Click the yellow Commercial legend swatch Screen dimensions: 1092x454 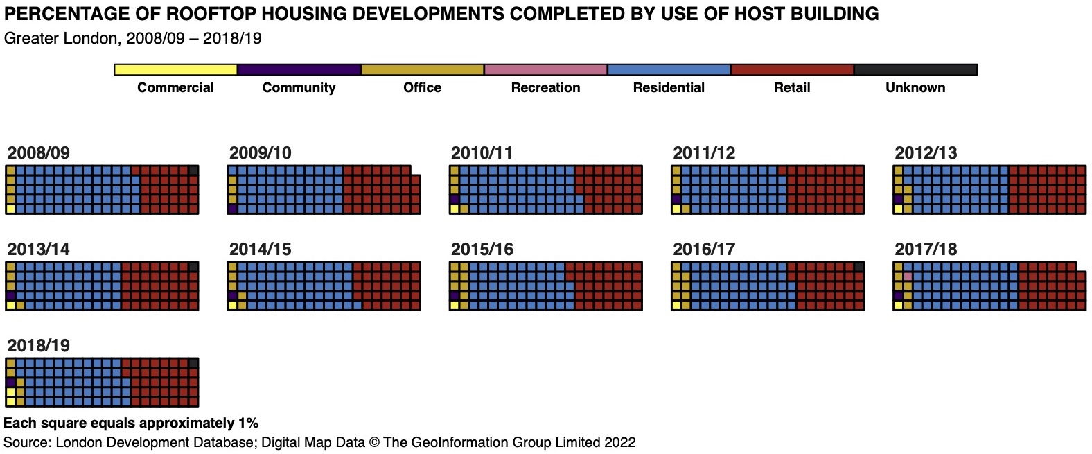pyautogui.click(x=175, y=70)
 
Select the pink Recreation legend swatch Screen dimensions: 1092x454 pyautogui.click(x=545, y=70)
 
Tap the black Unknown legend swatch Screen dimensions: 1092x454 pyautogui.click(x=915, y=70)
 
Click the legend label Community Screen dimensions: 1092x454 pyautogui.click(x=299, y=88)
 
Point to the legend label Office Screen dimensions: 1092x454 pyautogui.click(x=422, y=88)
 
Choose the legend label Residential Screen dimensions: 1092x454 pyautogui.click(x=669, y=88)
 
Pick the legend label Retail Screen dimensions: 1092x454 pyautogui.click(x=792, y=88)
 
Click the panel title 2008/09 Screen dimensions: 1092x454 pyautogui.click(x=39, y=152)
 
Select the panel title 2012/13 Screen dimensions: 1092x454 pyautogui.click(x=926, y=152)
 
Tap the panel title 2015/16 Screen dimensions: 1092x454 pyautogui.click(x=482, y=250)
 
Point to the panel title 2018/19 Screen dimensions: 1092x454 pyautogui.click(x=39, y=345)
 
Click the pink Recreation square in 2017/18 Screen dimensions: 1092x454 pyautogui.click(x=908, y=277)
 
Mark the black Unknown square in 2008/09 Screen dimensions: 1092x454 pyautogui.click(x=193, y=171)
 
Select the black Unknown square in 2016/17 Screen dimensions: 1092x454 pyautogui.click(x=859, y=267)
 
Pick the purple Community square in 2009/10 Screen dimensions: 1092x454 pyautogui.click(x=232, y=209)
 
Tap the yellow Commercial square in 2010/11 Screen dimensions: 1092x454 pyautogui.click(x=455, y=209)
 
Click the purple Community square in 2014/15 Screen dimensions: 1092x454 pyautogui.click(x=232, y=296)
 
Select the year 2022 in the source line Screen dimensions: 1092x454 pyautogui.click(x=619, y=442)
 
